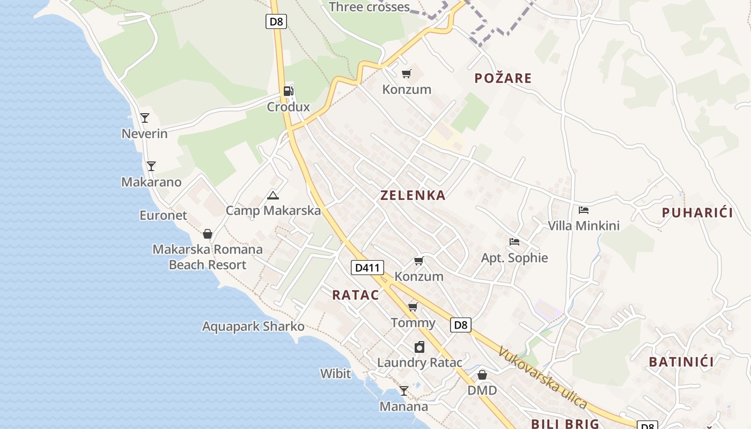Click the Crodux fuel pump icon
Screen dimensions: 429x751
click(x=289, y=91)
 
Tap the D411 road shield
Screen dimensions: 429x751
click(x=367, y=267)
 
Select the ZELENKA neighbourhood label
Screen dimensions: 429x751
click(x=413, y=195)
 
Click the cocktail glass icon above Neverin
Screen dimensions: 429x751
click(x=144, y=117)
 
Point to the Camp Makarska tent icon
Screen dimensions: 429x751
click(x=273, y=195)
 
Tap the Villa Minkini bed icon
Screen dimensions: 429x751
click(x=584, y=210)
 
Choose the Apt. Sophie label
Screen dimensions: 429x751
click(x=514, y=258)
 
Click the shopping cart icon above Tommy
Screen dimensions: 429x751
click(x=413, y=307)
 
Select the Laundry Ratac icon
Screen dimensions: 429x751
click(x=419, y=347)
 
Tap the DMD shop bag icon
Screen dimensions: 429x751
click(x=482, y=375)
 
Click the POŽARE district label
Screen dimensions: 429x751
click(x=503, y=78)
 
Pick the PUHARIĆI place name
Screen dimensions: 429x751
click(x=697, y=212)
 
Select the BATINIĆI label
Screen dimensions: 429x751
click(x=681, y=362)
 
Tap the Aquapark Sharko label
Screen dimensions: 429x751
click(x=253, y=327)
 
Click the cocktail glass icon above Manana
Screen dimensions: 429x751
click(x=404, y=391)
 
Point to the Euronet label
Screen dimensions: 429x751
click(x=163, y=216)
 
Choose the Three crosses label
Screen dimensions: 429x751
click(x=369, y=7)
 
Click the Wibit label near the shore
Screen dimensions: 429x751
click(x=335, y=374)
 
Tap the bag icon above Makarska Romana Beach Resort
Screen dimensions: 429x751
click(x=208, y=234)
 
